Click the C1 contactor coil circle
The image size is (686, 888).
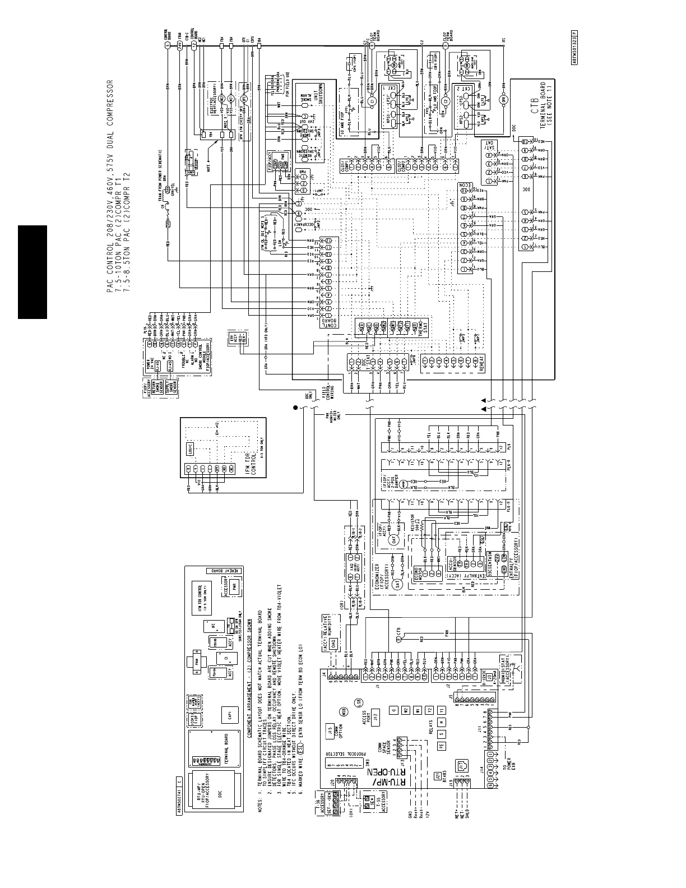click(x=370, y=99)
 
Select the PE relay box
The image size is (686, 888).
click(x=441, y=746)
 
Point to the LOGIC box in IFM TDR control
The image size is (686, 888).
click(x=188, y=432)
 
